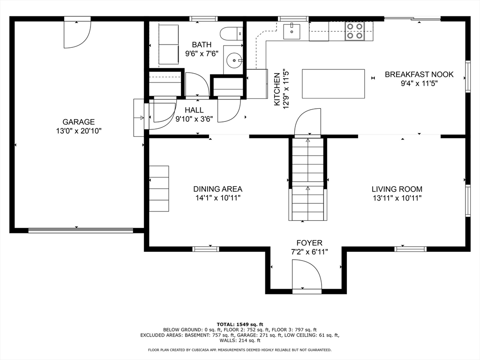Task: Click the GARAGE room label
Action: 78,122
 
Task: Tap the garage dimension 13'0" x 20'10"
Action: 78,131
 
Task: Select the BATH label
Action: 202,45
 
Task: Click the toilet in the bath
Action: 232,34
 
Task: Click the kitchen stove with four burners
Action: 354,31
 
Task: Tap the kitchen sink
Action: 292,31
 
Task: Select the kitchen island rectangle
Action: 333,84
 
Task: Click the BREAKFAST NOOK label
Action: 419,75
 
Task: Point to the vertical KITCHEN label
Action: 277,90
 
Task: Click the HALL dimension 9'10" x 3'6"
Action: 194,119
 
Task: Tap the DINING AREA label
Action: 217,189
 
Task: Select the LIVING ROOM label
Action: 397,189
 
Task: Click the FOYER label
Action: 309,243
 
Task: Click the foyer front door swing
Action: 307,275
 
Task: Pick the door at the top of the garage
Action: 77,33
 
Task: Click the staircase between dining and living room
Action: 307,180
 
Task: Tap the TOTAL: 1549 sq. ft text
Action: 240,324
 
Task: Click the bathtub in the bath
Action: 168,45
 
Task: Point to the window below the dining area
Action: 206,249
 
